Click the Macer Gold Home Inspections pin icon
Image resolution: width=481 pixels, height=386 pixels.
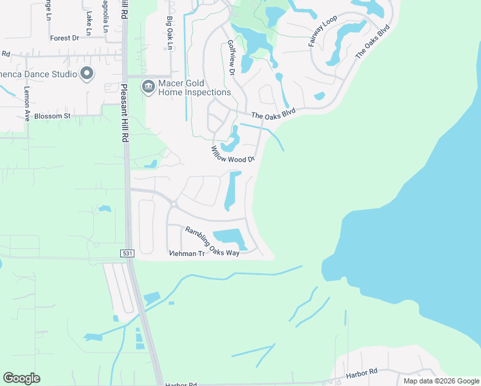[149, 86]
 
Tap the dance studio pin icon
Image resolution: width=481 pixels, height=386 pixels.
[86, 73]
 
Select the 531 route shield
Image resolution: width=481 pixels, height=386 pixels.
[127, 254]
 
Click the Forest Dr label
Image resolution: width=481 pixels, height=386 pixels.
[64, 39]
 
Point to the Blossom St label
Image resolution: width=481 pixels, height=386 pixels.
[52, 116]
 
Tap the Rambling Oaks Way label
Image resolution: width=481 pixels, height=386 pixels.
[212, 242]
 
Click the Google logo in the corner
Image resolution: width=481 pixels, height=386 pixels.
[21, 378]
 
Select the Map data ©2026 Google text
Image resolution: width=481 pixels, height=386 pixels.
[441, 381]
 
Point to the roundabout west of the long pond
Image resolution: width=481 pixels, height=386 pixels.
[174, 205]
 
